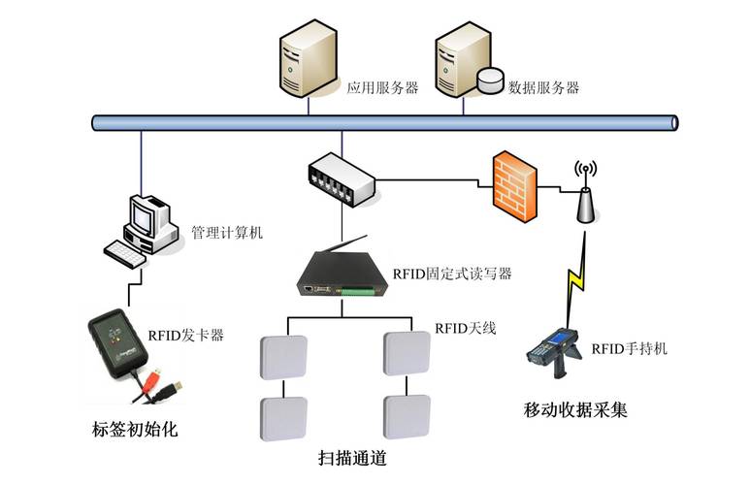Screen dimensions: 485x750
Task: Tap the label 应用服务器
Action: [x=382, y=87]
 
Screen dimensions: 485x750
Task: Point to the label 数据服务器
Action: [x=543, y=87]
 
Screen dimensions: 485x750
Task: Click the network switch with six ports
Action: [x=341, y=178]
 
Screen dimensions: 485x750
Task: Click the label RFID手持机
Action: [x=630, y=347]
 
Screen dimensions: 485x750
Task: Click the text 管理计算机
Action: [x=226, y=233]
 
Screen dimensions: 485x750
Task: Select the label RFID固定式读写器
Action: [x=451, y=274]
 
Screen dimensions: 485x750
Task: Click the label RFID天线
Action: [x=465, y=328]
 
